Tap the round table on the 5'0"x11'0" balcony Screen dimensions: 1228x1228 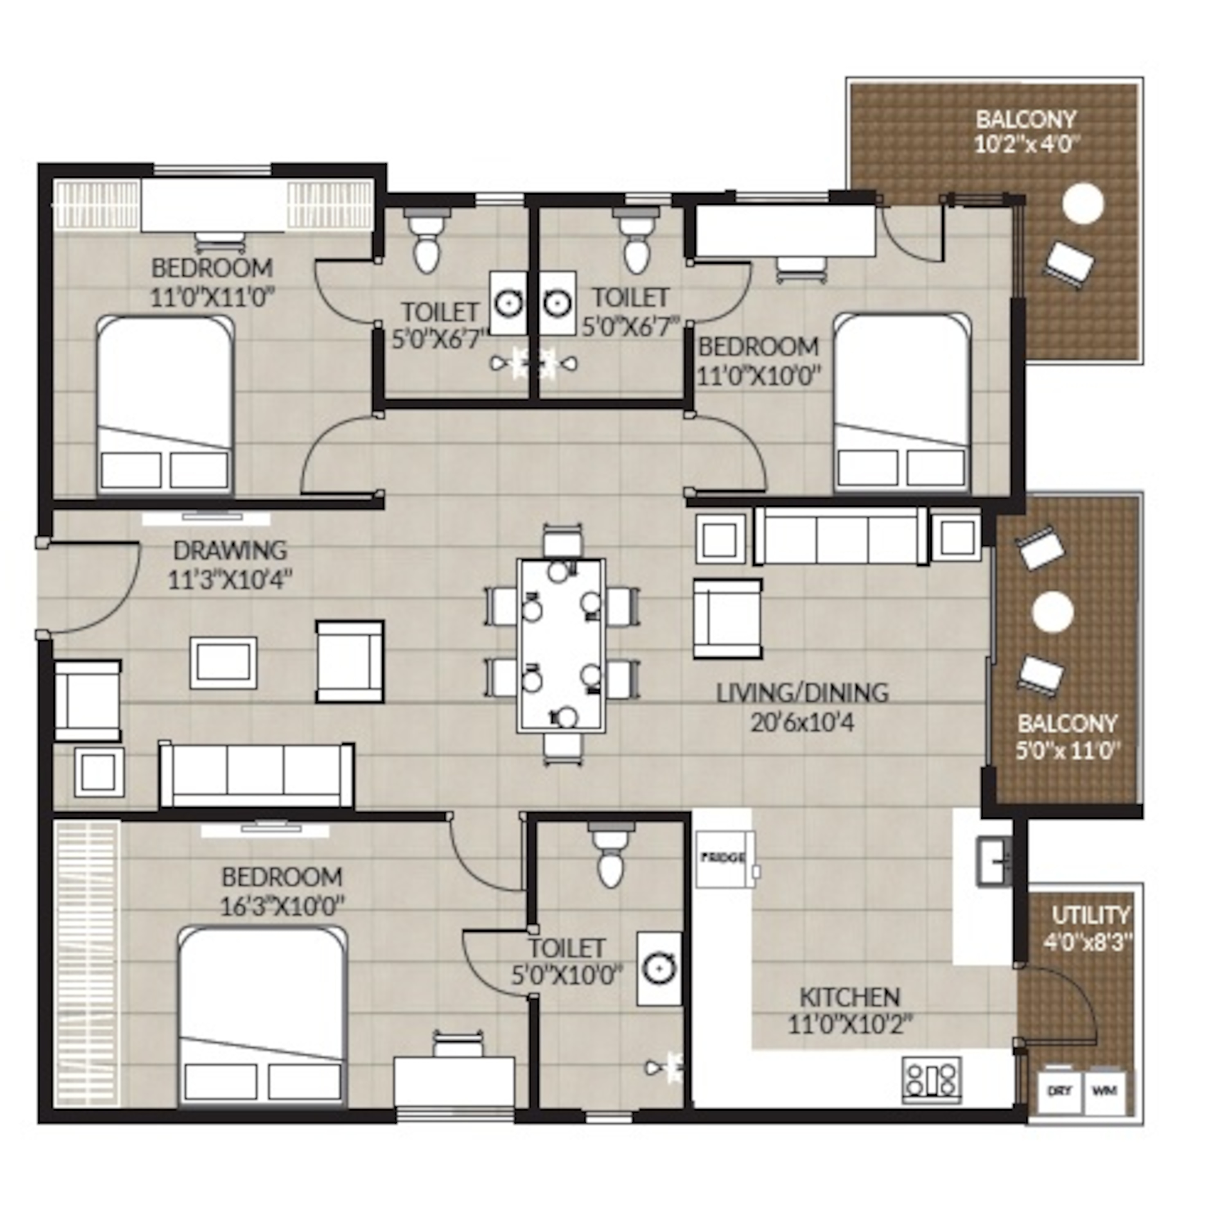click(x=1053, y=612)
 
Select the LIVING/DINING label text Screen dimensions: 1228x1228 click(x=802, y=693)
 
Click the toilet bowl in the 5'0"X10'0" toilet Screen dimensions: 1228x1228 click(x=611, y=855)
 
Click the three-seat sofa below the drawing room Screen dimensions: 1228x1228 click(x=256, y=774)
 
